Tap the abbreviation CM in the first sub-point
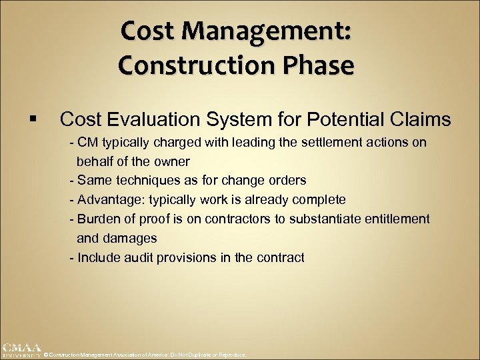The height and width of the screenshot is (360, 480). (87, 143)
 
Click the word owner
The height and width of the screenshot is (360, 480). (174, 161)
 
